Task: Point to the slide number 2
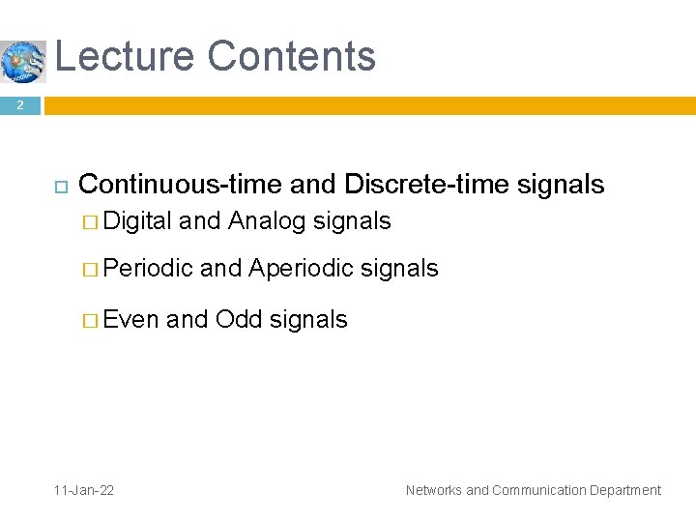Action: (19, 104)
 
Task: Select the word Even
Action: (130, 319)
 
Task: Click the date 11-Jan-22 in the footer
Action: (84, 490)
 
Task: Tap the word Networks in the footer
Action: (434, 490)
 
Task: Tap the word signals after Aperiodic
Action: (399, 269)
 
